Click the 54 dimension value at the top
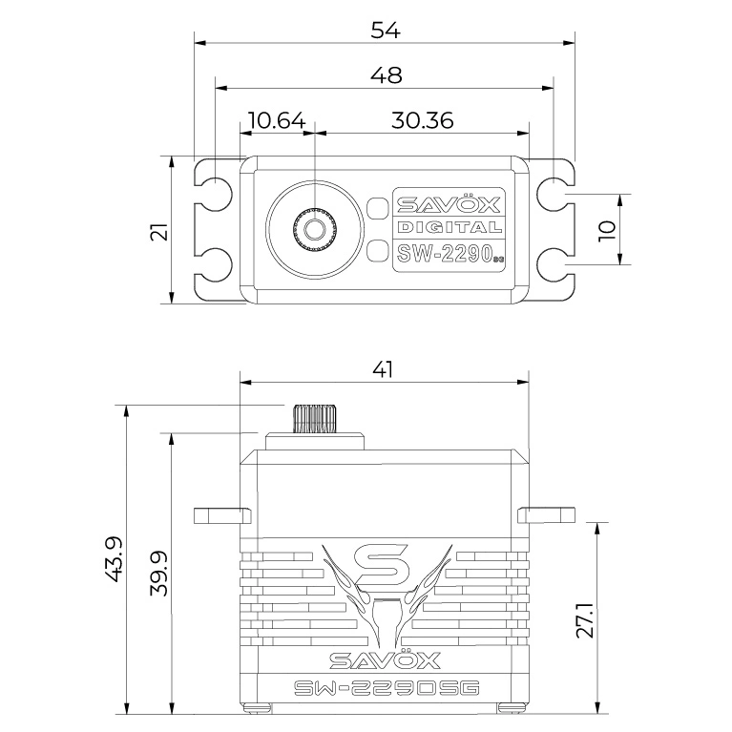pos(386,31)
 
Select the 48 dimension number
pos(386,75)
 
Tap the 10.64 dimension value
pos(277,120)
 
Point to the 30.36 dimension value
pos(422,120)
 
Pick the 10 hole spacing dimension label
pos(607,231)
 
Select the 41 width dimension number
pos(383,369)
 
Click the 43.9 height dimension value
pos(114,558)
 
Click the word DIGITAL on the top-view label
pos(450,227)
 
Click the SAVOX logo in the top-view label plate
pos(449,203)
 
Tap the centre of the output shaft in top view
pos(315,228)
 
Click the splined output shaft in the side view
pos(315,419)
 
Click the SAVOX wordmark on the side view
pos(385,659)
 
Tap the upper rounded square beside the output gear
pos(377,208)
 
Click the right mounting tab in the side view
pos(546,515)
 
